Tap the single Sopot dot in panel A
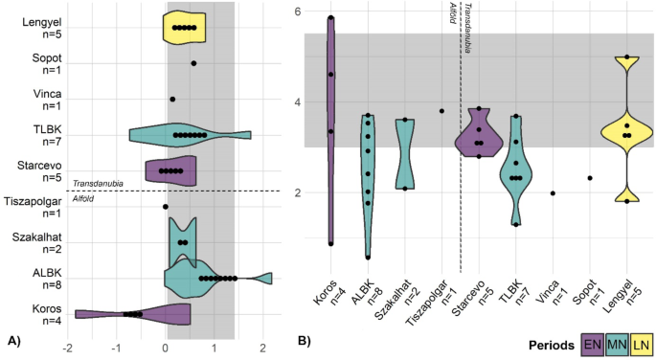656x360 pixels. click(194, 63)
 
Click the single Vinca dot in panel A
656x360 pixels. click(172, 99)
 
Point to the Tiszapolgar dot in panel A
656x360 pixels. click(166, 206)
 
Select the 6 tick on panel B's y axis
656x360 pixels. click(298, 11)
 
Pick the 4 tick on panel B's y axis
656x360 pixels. click(298, 102)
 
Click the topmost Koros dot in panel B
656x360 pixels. click(331, 18)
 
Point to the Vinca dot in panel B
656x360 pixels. click(554, 193)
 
